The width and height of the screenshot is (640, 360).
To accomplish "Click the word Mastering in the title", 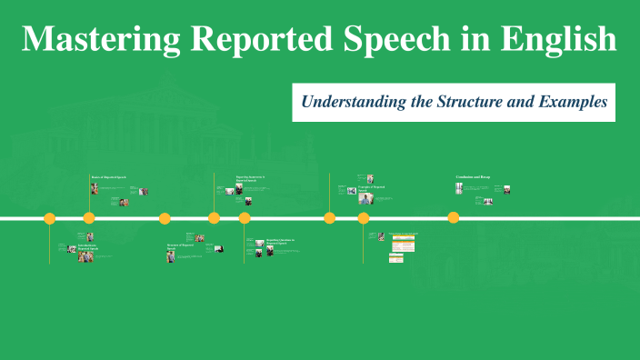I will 100,39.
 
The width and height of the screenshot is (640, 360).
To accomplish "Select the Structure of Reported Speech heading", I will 179,245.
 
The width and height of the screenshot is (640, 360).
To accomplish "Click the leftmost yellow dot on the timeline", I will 50,218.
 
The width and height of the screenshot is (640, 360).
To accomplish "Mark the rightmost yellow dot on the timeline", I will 453,218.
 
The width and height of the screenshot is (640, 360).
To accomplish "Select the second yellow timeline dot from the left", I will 88,218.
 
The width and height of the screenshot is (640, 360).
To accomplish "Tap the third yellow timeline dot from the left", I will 165,218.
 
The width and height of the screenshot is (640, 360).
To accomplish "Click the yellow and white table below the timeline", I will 403,246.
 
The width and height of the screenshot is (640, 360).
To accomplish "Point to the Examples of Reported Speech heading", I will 372,188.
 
